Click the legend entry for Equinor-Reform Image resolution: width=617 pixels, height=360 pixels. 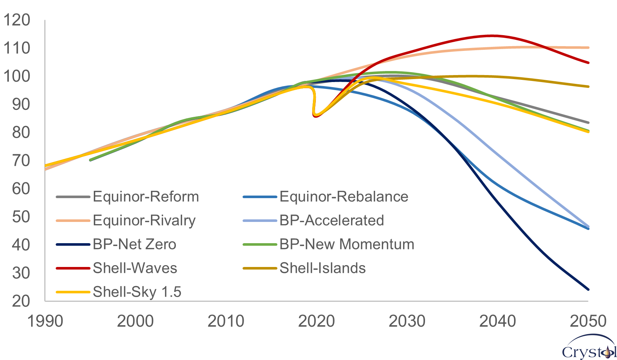(145, 197)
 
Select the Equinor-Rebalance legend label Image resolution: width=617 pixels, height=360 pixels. (344, 197)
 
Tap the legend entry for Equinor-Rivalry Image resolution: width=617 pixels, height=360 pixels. (144, 220)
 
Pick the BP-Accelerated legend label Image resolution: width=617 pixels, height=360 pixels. (332, 220)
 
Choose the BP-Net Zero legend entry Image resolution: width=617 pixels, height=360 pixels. (134, 244)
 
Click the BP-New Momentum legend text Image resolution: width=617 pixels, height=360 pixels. (347, 244)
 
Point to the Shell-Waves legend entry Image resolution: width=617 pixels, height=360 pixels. (135, 268)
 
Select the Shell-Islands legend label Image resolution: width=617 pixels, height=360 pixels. (322, 268)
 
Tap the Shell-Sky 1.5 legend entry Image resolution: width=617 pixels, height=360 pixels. (137, 292)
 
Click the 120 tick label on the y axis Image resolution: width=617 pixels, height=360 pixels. (16, 20)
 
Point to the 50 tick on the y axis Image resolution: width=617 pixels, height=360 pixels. (21, 217)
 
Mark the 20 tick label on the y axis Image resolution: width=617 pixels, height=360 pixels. (21, 301)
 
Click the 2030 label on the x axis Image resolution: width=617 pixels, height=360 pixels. (407, 321)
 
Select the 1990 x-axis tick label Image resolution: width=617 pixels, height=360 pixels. (45, 321)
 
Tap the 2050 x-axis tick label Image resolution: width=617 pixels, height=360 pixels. (588, 321)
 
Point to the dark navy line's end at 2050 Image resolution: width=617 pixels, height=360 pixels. (588, 289)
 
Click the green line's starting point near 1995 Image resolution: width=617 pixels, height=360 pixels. (90, 160)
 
